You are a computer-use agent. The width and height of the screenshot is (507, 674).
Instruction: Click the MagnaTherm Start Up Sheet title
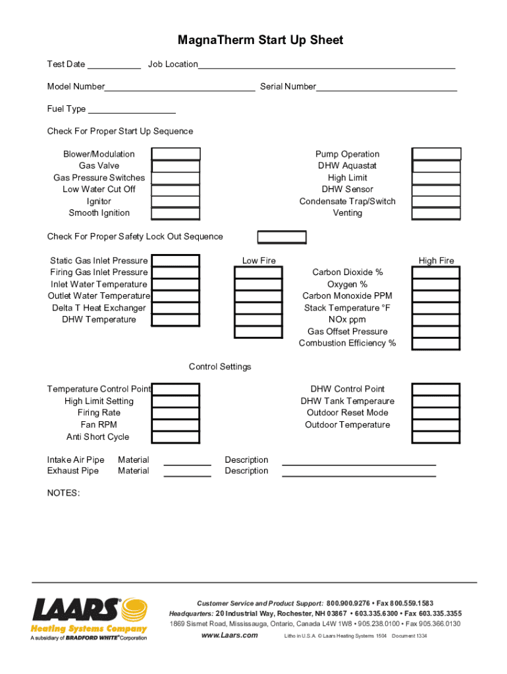(260, 41)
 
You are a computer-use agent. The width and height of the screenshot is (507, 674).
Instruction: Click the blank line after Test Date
(114, 66)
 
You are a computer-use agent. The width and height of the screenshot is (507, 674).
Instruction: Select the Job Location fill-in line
(327, 66)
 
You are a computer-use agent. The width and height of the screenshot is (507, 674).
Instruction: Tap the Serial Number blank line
(387, 88)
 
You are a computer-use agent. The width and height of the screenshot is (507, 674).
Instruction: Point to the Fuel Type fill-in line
(132, 111)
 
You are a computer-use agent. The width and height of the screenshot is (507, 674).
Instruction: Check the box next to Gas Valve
(176, 166)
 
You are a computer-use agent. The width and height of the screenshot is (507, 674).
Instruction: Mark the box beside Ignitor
(176, 201)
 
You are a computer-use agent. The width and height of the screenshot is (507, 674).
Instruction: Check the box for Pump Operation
(437, 154)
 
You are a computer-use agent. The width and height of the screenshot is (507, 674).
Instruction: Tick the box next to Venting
(437, 213)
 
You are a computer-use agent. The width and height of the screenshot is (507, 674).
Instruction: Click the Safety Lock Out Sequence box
(282, 237)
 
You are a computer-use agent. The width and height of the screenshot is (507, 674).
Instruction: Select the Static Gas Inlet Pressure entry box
(176, 261)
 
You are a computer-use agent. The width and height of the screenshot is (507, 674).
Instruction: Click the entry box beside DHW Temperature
(176, 320)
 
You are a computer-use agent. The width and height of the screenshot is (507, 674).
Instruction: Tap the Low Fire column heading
(259, 261)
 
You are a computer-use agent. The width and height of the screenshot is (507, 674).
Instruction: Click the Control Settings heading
(220, 367)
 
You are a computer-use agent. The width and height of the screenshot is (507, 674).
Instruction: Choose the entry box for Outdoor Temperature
(437, 425)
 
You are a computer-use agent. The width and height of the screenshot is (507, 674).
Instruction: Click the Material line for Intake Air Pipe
(187, 463)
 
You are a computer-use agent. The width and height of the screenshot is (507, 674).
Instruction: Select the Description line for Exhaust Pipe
(359, 473)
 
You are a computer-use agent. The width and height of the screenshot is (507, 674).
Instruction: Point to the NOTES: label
(63, 493)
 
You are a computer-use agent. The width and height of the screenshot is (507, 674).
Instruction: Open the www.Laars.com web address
(229, 635)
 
